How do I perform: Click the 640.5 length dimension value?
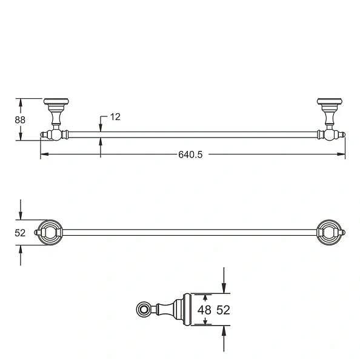click(x=190, y=155)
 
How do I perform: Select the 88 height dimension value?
click(x=20, y=120)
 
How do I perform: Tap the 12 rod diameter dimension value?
click(x=115, y=117)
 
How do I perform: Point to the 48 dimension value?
click(x=206, y=310)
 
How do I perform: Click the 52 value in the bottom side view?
click(x=223, y=310)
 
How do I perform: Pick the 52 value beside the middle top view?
click(x=20, y=233)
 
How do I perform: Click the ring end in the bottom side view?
click(x=144, y=310)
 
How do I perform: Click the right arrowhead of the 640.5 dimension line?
click(x=342, y=155)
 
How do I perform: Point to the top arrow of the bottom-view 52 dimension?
click(x=224, y=290)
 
